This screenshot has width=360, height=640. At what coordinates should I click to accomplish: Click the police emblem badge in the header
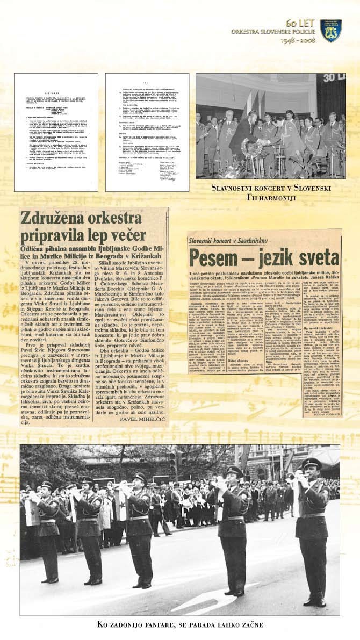(331, 31)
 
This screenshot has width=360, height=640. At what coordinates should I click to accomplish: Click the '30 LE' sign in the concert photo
(333, 84)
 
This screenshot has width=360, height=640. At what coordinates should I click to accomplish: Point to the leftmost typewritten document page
(56, 132)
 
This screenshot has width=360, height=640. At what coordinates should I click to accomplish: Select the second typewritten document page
(147, 132)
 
